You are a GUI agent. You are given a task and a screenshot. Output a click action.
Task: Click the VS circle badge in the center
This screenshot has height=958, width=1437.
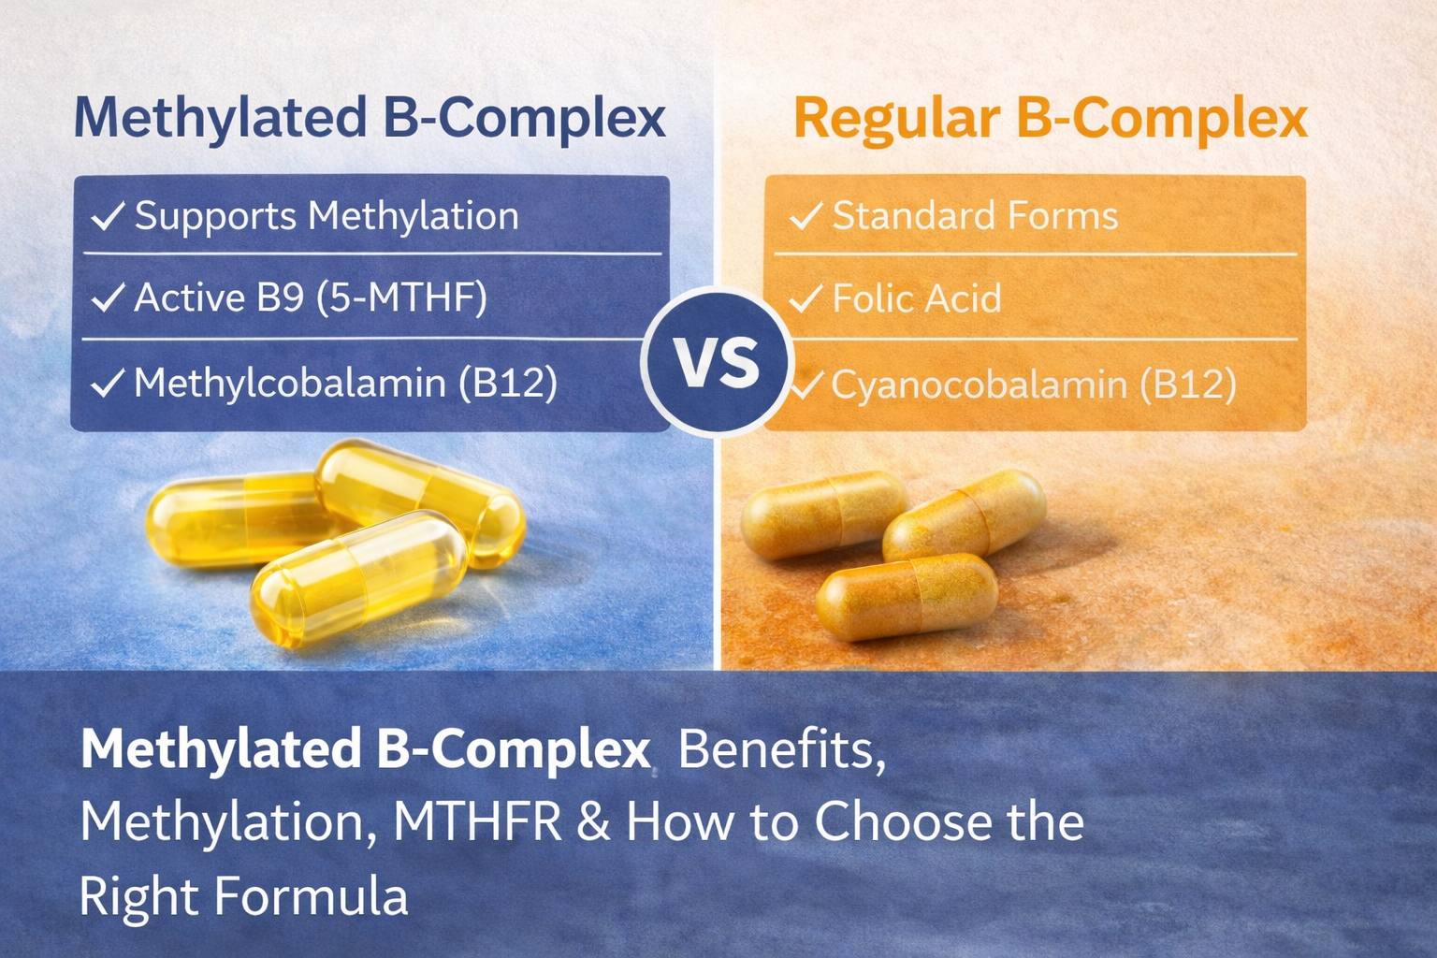tap(718, 362)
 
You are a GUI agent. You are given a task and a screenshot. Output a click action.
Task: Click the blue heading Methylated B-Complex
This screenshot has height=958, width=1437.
tap(370, 119)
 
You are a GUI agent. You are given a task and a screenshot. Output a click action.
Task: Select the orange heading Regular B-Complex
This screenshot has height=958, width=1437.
tap(1050, 119)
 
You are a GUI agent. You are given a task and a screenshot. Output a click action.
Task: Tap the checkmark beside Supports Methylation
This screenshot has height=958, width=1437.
tap(109, 216)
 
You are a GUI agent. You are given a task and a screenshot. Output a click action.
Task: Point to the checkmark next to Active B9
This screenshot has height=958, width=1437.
tap(109, 298)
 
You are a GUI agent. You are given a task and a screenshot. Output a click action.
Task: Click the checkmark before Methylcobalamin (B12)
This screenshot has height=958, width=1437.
tap(109, 383)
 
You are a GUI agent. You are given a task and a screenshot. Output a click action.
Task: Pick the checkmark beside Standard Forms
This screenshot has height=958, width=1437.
tap(806, 216)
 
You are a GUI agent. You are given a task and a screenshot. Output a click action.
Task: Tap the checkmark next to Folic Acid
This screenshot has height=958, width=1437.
tap(806, 299)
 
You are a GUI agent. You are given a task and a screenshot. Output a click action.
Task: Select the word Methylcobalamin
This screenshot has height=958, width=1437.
tap(289, 384)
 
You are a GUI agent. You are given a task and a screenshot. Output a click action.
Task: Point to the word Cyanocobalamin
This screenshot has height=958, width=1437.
tap(979, 385)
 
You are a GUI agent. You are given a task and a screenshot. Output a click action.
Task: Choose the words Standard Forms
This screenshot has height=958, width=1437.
tap(975, 216)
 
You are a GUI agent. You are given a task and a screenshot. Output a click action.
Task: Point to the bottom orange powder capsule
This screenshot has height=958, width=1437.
tap(906, 596)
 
